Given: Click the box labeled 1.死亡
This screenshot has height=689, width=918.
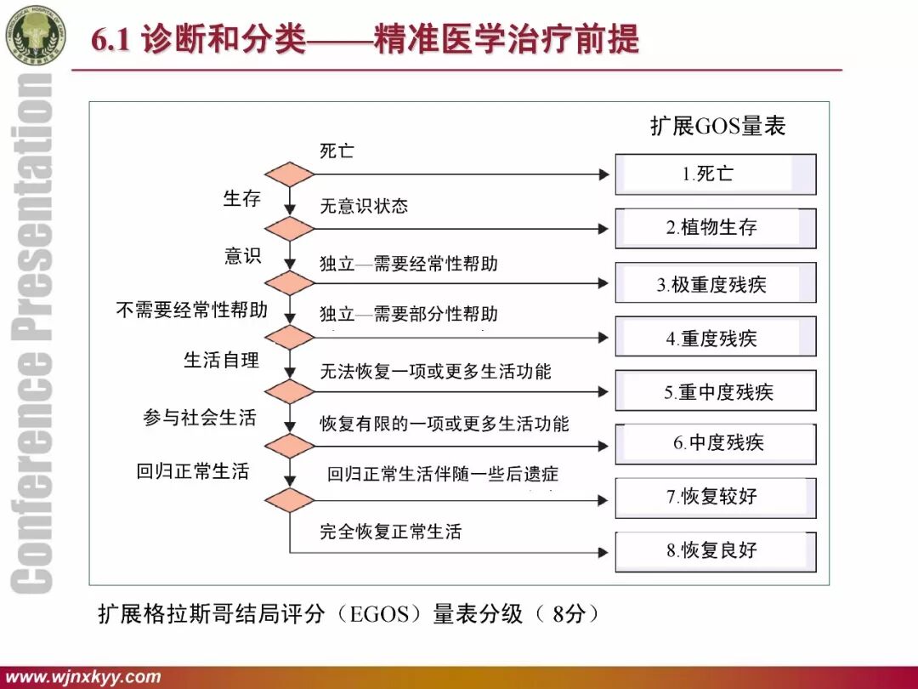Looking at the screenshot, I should point(715,174).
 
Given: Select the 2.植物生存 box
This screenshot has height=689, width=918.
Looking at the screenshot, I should point(715,228).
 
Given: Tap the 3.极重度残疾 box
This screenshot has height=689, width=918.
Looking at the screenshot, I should point(715,284).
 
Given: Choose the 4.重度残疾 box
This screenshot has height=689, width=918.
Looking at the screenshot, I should point(715,338).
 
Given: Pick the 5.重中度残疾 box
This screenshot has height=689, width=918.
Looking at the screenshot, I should point(715,391).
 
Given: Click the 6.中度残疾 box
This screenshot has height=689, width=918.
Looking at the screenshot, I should point(715,443).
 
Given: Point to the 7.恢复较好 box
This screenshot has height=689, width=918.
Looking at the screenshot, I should point(715,497).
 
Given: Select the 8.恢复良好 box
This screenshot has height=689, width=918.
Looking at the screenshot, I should point(715,550).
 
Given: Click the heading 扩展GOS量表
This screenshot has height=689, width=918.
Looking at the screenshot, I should point(718,126).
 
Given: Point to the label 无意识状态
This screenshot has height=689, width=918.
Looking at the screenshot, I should point(364,206).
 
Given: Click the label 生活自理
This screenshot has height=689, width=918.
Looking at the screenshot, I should point(221,360).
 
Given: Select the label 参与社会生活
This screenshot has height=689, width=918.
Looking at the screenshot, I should point(199,418).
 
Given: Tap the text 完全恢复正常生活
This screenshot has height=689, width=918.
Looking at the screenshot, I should point(390,532).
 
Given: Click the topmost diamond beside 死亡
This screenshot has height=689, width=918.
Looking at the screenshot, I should point(290,174).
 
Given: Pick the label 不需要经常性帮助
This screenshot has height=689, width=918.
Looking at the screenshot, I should point(191,310).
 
